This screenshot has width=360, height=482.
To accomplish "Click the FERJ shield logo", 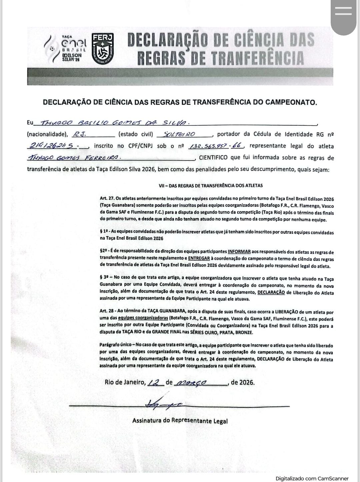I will [103, 49].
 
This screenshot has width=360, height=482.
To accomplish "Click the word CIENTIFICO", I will [213, 158].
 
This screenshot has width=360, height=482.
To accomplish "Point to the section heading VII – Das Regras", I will [211, 185].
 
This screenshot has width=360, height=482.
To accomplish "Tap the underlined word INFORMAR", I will [239, 252].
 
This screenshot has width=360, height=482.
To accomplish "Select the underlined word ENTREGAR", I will [199, 258].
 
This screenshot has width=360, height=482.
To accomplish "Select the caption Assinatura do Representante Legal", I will [180, 421].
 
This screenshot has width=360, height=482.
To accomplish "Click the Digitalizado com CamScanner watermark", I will [312, 478].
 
